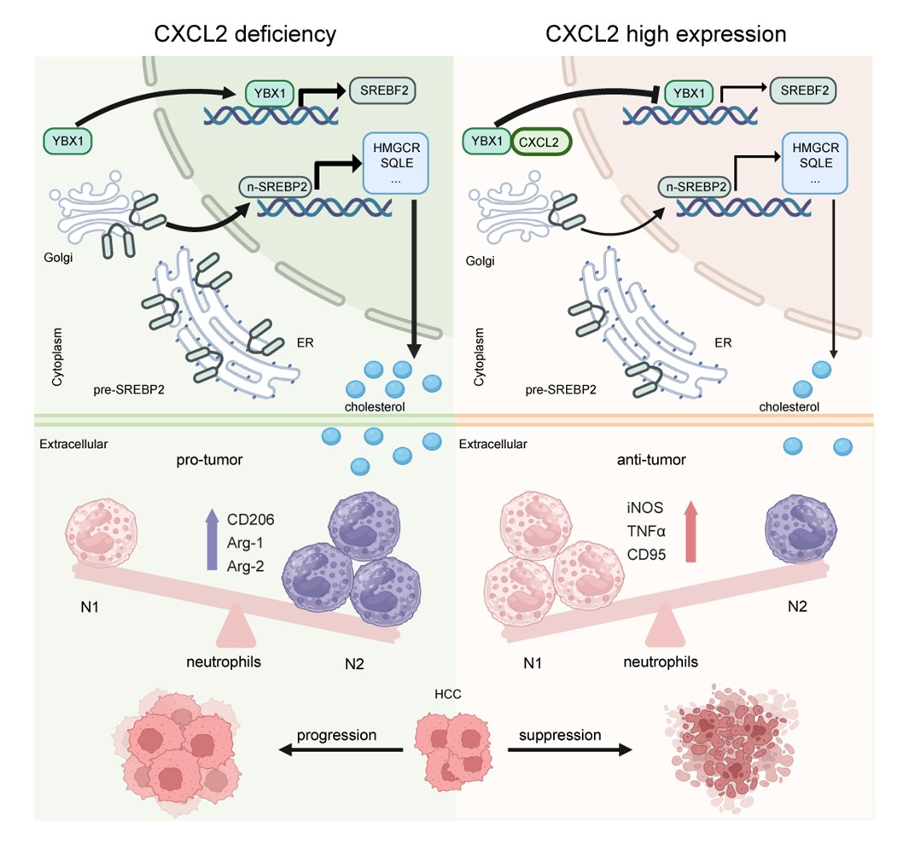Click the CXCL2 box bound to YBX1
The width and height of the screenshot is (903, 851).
pos(541,142)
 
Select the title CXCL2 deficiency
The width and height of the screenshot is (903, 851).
pos(244,35)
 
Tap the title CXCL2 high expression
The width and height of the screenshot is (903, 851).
pos(666,35)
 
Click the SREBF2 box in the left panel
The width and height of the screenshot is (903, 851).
pos(379,89)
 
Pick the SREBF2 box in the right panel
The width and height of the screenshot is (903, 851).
pos(802,89)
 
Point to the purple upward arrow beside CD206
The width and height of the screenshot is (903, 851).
pos(212,539)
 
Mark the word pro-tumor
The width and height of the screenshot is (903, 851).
pos(211,461)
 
